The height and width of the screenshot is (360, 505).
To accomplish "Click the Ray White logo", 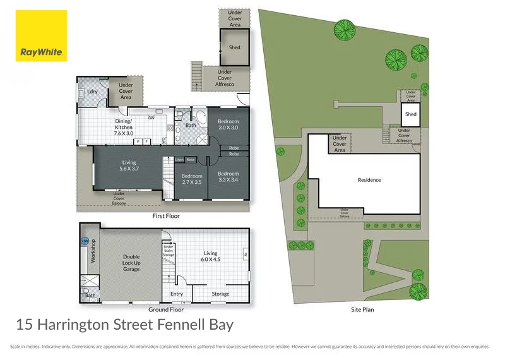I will (x=42, y=36).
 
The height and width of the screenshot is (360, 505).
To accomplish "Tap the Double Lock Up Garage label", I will (x=131, y=262).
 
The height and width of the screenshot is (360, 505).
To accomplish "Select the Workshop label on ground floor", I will (x=93, y=251).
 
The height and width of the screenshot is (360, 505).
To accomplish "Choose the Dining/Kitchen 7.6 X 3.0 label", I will (x=123, y=127).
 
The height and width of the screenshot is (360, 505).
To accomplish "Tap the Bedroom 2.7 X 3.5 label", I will (x=191, y=179).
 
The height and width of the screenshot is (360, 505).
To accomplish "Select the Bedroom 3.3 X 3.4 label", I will (x=229, y=176).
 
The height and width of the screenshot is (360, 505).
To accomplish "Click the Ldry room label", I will (x=92, y=92).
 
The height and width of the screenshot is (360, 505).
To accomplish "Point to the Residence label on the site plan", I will (x=369, y=180).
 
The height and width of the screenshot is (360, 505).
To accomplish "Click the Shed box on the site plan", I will (x=411, y=114).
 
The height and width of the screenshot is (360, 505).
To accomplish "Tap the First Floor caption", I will (x=166, y=216).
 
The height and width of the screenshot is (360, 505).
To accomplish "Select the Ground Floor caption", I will (x=166, y=310).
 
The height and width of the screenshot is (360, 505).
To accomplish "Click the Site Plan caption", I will (x=366, y=310).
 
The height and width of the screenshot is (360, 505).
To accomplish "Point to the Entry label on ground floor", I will (x=177, y=294).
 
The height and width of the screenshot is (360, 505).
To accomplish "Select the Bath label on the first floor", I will (x=191, y=125).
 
